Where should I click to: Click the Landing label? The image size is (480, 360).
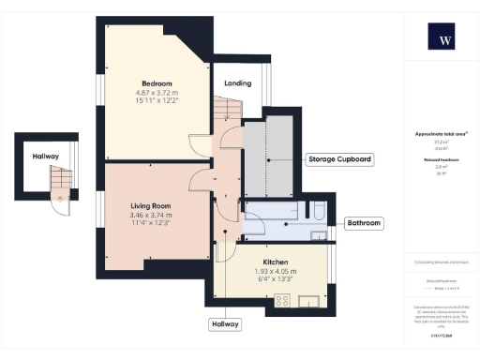point(237,83)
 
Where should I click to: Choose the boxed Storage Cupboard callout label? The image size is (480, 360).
point(339,160)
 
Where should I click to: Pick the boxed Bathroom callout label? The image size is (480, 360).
point(363,223)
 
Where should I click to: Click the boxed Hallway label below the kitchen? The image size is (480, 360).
point(224,324)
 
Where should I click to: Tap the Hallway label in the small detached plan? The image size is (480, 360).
point(46,157)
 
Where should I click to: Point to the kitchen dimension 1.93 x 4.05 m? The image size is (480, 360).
point(275,272)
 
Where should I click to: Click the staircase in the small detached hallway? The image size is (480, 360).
point(59,182)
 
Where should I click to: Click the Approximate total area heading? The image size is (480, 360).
point(442,134)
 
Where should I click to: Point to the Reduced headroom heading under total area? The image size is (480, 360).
point(442,160)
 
